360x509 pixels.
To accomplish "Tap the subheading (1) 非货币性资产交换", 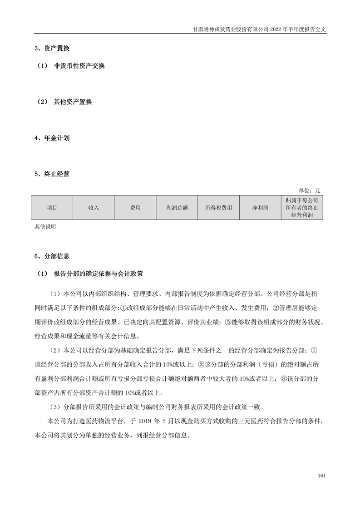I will tap(71, 66).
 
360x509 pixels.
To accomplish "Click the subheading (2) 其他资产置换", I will tap(64, 102).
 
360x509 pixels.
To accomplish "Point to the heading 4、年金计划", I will tap(52, 138).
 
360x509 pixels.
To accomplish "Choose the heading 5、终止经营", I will tap(52, 174).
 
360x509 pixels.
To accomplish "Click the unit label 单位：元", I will tap(309, 191).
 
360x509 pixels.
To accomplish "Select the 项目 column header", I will tap(52, 208).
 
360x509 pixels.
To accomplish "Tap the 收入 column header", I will tap(94, 208).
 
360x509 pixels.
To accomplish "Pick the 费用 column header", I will tap(135, 208).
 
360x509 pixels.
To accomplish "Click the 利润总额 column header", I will tap(177, 208).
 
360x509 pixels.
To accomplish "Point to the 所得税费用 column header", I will tap(218, 208).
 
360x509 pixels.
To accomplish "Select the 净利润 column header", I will tap(260, 208).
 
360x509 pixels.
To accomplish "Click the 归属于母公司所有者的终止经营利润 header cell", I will tap(302, 208).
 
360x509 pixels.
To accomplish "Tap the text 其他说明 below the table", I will tap(45, 226).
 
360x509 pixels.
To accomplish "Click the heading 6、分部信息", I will tap(52, 257).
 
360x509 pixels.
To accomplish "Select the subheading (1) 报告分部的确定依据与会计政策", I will tap(91, 274).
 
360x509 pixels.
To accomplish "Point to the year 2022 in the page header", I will tap(277, 29).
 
